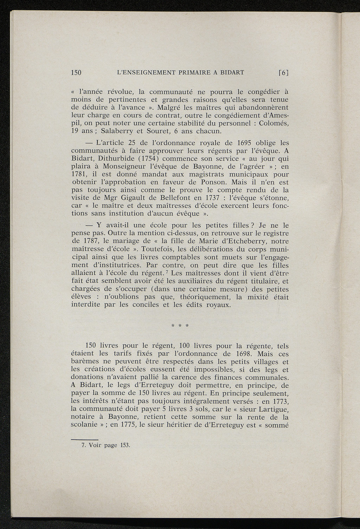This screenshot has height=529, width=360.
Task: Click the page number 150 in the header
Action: (x=76, y=73)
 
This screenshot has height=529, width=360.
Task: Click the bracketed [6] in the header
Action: (x=283, y=73)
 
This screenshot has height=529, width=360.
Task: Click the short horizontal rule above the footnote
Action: (x=84, y=439)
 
